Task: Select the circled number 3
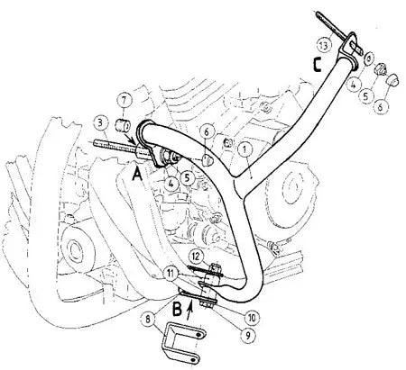[100, 122]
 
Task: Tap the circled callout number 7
[125, 101]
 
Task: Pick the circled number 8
[148, 320]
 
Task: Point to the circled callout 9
[247, 335]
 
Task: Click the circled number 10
[252, 317]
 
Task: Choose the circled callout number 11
[171, 274]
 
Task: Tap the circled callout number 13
[325, 46]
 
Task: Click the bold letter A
[137, 175]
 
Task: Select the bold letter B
[177, 309]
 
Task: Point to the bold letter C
[317, 65]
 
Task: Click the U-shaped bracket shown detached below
[183, 344]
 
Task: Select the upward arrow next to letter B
[189, 312]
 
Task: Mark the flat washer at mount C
[369, 59]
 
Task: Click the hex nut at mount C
[382, 69]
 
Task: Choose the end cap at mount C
[392, 79]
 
